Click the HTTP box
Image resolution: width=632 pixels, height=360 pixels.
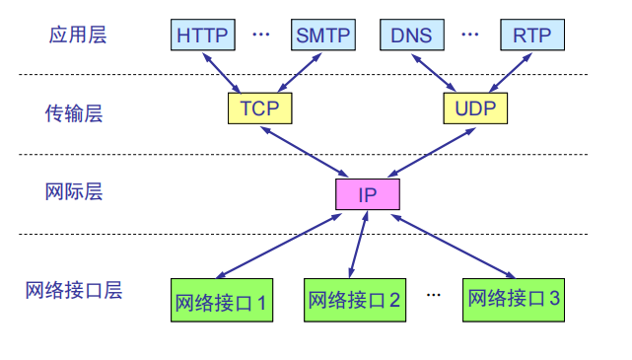pyautogui.click(x=203, y=36)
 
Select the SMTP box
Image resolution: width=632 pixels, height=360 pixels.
pyautogui.click(x=322, y=36)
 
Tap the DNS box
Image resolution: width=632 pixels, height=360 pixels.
pyautogui.click(x=411, y=36)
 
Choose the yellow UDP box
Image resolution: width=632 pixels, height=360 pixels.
pyautogui.click(x=475, y=108)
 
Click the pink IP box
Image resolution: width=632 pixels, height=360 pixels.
pyautogui.click(x=367, y=193)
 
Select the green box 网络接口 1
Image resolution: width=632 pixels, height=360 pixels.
pyautogui.click(x=222, y=300)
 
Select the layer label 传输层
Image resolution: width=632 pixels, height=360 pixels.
pyautogui.click(x=73, y=113)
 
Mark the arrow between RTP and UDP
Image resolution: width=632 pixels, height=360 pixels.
pyautogui.click(x=508, y=70)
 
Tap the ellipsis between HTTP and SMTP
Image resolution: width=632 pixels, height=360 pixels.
pyautogui.click(x=261, y=35)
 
